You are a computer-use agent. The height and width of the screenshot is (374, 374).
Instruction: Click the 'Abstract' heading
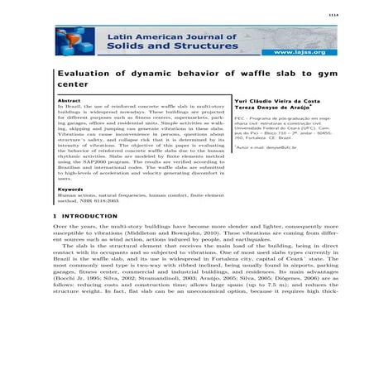click(68, 99)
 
